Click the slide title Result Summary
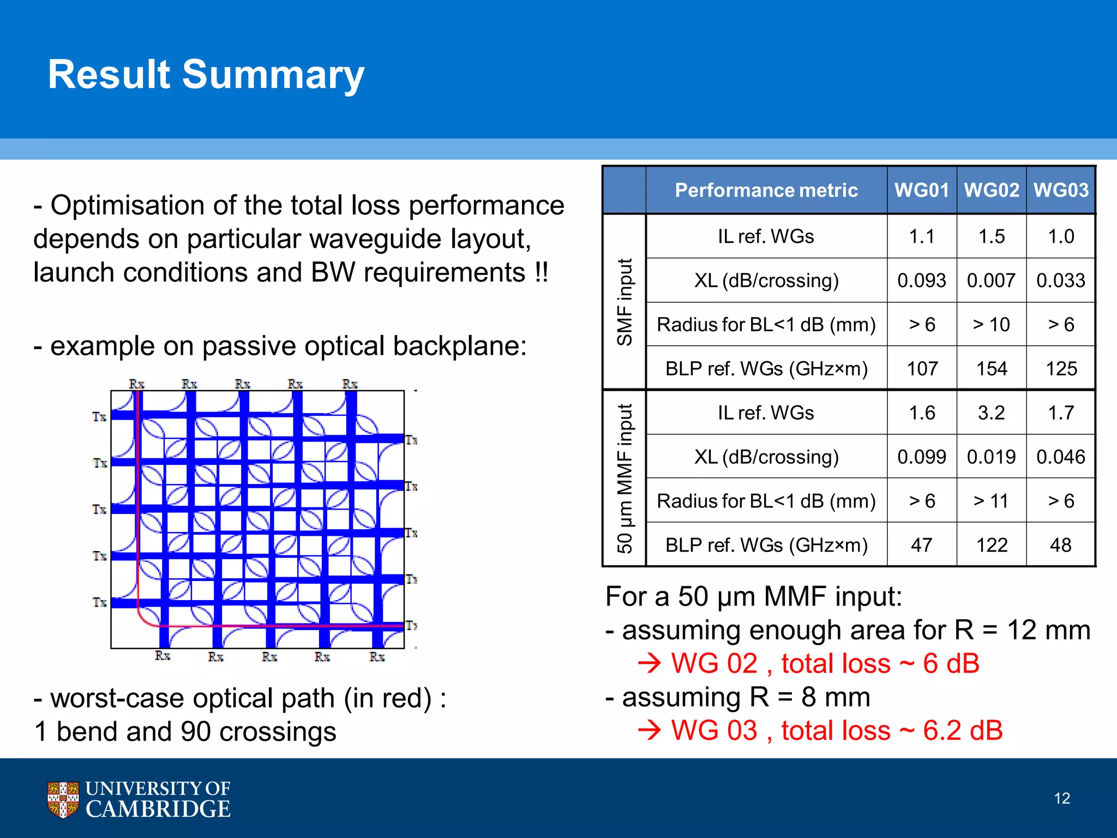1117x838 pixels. (x=206, y=75)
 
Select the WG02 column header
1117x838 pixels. (x=991, y=190)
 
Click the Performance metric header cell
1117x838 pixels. (x=766, y=190)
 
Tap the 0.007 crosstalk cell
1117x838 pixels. (x=991, y=280)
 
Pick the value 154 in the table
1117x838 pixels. (x=991, y=369)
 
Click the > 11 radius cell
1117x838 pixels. (x=991, y=501)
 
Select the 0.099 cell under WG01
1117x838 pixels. (x=922, y=457)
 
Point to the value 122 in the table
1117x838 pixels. (x=991, y=545)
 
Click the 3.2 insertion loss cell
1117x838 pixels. (x=991, y=413)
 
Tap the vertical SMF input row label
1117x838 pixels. (x=624, y=302)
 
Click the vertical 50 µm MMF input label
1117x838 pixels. (x=624, y=478)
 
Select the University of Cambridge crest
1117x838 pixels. (x=63, y=799)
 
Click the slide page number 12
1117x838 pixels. (x=1061, y=798)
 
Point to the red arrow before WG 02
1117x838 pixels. (x=649, y=664)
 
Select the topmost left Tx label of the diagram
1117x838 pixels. (x=99, y=417)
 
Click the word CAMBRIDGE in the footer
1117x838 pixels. (x=158, y=809)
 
